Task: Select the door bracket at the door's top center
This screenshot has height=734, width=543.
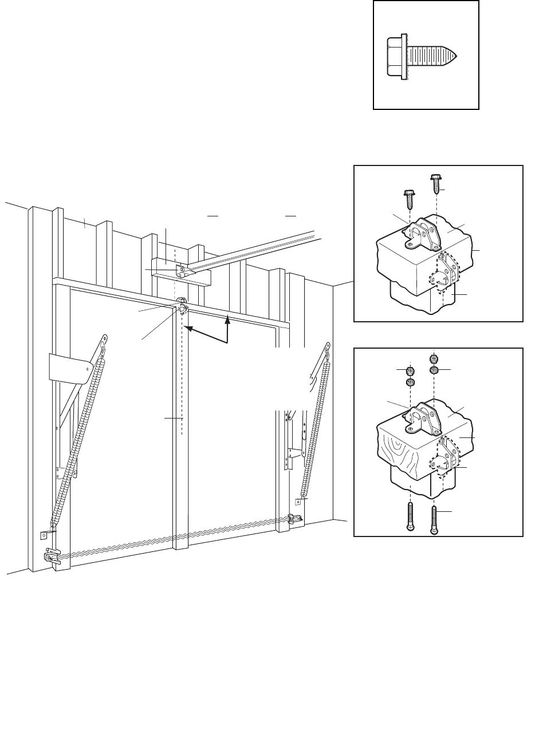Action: point(182,308)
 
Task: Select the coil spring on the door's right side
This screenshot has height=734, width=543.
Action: point(316,424)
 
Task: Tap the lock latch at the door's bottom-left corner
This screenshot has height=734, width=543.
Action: point(52,558)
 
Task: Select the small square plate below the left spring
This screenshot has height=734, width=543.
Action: point(44,536)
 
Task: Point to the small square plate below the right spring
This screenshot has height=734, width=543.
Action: point(298,502)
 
